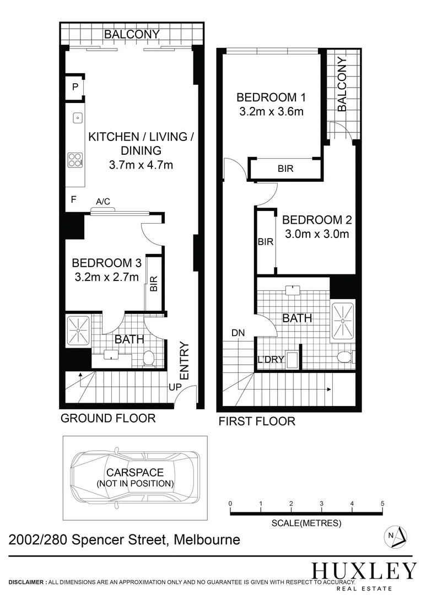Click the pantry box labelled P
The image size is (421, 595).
[x=75, y=87]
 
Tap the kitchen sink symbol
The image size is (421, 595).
[x=78, y=117]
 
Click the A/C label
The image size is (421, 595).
[x=103, y=202]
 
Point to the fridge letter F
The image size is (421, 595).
[x=73, y=199]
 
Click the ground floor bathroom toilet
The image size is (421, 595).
[x=147, y=359]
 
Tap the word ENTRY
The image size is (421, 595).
[x=185, y=361]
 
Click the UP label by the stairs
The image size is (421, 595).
[x=175, y=387]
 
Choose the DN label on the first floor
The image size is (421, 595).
[x=238, y=333]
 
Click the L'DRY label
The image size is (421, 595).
[x=271, y=360]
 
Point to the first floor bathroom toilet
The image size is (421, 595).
[x=343, y=357]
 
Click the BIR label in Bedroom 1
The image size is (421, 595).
[x=285, y=169]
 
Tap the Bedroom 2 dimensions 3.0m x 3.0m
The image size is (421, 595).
[x=317, y=234]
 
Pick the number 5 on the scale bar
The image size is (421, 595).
[x=382, y=504]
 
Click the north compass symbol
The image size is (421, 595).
[x=396, y=535]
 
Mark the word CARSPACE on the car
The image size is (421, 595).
[x=135, y=473]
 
